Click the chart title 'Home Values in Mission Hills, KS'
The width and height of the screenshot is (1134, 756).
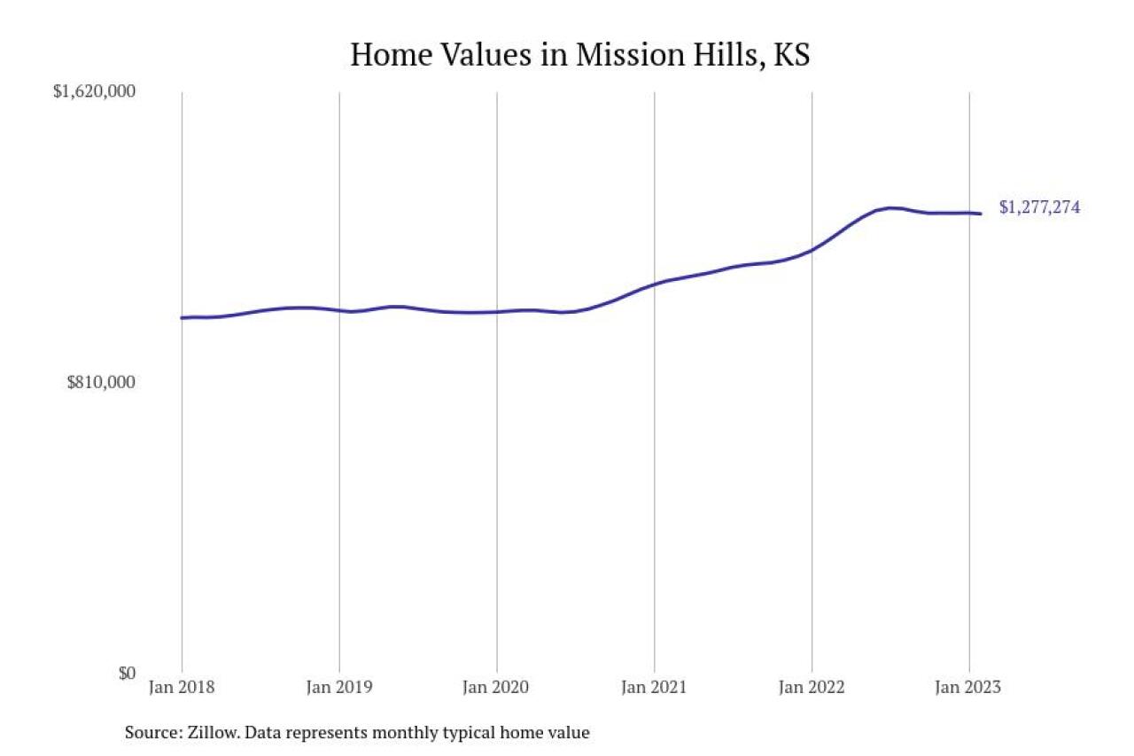580,55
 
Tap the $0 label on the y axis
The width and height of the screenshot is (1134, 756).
126,673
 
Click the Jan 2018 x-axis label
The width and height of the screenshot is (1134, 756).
182,688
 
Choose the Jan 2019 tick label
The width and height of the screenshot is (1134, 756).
339,688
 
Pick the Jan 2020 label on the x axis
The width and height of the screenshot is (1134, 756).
497,688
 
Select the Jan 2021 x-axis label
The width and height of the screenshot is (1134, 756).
654,688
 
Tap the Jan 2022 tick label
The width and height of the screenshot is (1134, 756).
812,688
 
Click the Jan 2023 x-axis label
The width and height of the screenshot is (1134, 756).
969,688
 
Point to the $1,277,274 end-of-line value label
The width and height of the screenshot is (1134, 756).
1039,208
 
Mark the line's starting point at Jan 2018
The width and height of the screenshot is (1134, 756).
183,317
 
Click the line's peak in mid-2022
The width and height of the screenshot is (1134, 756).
891,207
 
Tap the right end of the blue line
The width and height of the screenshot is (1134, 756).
980,214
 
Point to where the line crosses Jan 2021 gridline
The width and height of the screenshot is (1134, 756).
654,284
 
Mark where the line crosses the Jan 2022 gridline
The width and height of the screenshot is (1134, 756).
812,250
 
